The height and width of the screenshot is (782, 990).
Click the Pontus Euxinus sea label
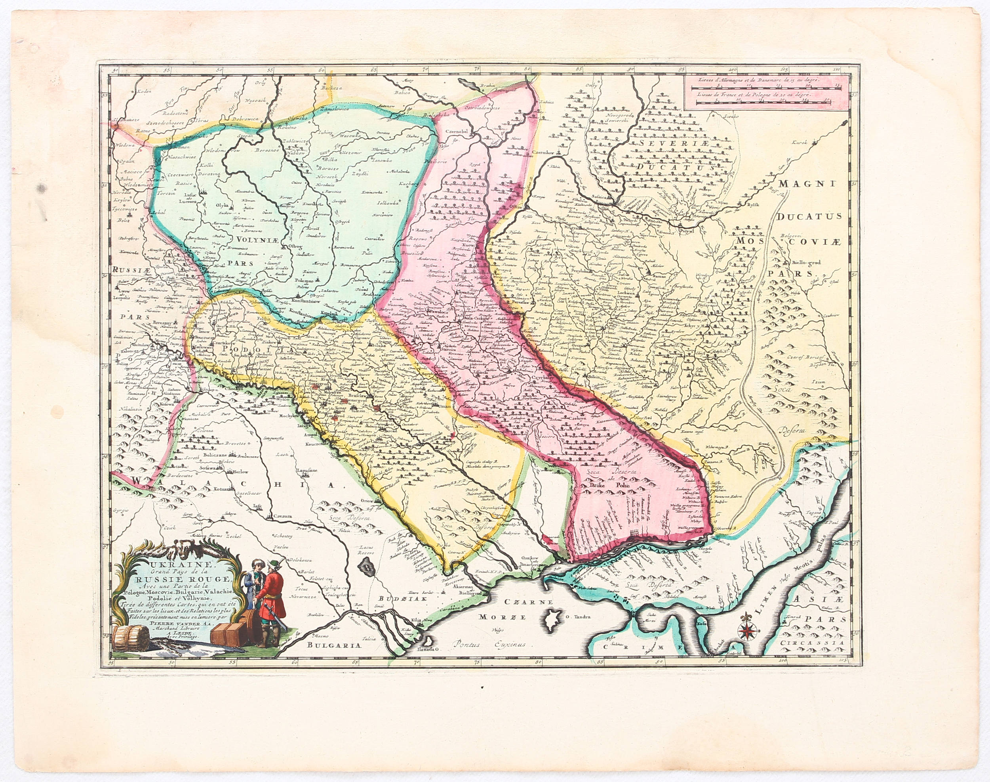pyautogui.click(x=487, y=644)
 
